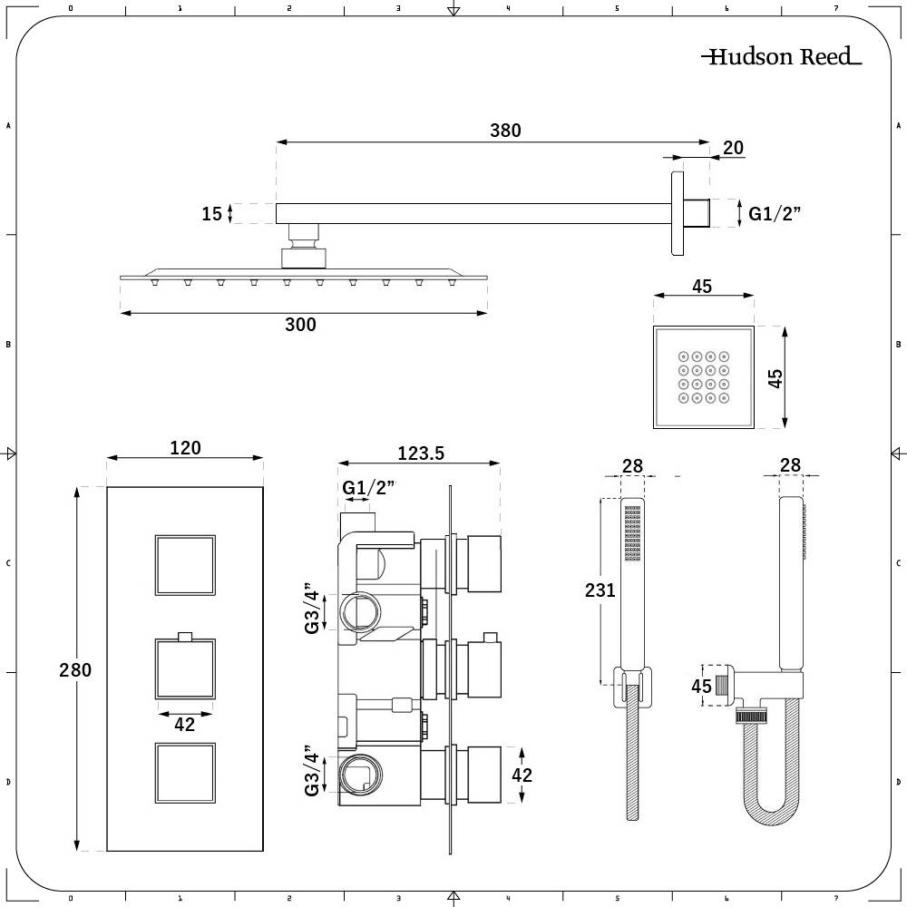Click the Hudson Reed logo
coord(781,58)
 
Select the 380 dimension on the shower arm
coord(505,131)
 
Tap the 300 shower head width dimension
coord(300,325)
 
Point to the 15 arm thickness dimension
coord(211,214)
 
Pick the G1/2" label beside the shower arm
coord(775,214)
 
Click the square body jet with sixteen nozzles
coord(703,375)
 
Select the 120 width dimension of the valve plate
coord(185,447)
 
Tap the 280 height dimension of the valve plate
coord(75,670)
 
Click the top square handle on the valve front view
coord(185,565)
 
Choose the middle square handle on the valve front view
coord(185,669)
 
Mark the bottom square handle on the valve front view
coord(185,774)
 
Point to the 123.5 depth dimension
coord(420,453)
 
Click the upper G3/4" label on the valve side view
coord(312,608)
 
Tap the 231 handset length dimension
coord(600,590)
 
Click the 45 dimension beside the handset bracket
coord(701,687)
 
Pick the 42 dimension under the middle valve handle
coord(185,724)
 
